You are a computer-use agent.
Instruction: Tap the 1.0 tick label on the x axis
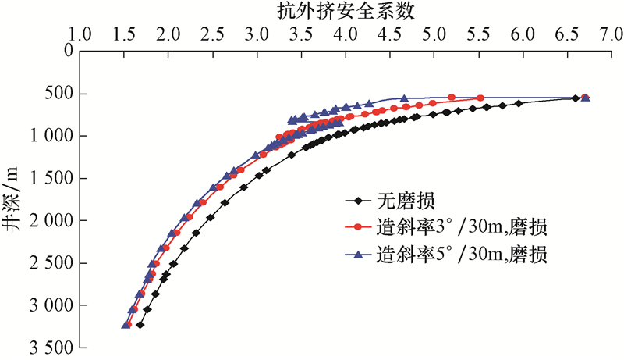pyautogui.click(x=81, y=35)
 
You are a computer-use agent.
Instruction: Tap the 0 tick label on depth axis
pyautogui.click(x=68, y=52)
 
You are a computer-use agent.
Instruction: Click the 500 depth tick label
pyautogui.click(x=60, y=94)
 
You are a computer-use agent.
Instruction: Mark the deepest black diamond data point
pyautogui.click(x=140, y=325)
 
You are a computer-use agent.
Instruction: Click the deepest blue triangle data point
pyautogui.click(x=126, y=324)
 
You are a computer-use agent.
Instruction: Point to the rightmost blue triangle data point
pyautogui.click(x=585, y=98)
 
